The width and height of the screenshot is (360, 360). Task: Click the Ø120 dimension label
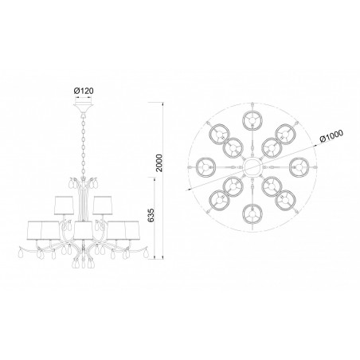click(84, 91)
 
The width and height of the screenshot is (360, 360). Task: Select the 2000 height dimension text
click(159, 162)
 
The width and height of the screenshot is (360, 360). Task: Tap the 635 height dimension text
click(151, 215)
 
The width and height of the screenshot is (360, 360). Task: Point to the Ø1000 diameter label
click(331, 136)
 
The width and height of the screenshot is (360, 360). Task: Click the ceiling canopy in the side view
click(84, 108)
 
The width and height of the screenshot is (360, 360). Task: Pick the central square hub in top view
click(252, 167)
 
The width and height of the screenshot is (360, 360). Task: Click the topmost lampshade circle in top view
click(252, 120)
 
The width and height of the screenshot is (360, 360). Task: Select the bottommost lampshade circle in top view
click(252, 214)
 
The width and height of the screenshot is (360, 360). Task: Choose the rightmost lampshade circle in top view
click(299, 167)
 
